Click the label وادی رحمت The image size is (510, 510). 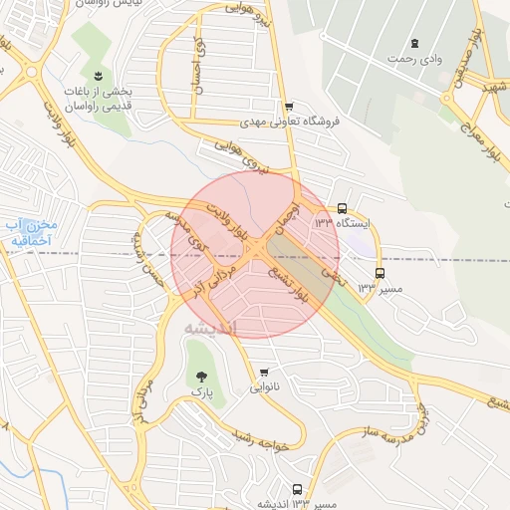(414, 59)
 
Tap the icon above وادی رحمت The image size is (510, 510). (414, 44)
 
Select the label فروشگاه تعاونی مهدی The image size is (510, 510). (290, 123)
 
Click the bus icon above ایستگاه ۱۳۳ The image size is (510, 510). (342, 209)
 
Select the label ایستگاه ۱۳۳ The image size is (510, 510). (342, 224)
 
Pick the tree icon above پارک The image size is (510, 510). (202, 378)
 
